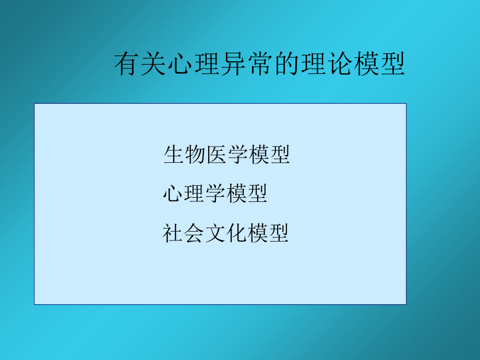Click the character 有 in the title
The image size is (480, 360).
(x=127, y=65)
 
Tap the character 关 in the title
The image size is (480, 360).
(x=153, y=65)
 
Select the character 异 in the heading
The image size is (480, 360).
(x=233, y=65)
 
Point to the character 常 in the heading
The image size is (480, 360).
(x=259, y=65)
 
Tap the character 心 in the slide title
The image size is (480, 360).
(x=180, y=65)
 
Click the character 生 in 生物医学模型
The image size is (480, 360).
(x=174, y=155)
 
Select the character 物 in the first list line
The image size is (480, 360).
(x=195, y=155)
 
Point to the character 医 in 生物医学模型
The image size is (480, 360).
(x=216, y=155)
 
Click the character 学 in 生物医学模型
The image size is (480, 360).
(x=237, y=155)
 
